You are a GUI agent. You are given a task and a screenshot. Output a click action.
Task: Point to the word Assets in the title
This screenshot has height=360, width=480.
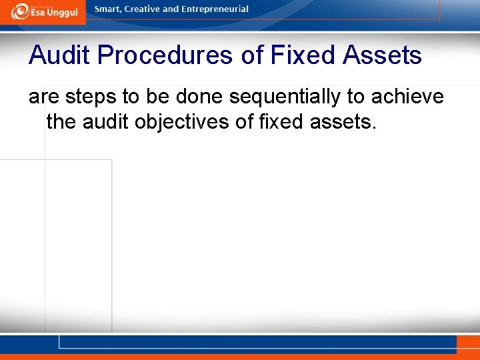pos(382,55)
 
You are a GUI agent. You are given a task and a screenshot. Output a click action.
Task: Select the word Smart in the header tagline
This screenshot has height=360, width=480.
pos(109,9)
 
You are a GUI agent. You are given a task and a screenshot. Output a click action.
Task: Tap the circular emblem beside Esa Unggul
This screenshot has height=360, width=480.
pos(20,11)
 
